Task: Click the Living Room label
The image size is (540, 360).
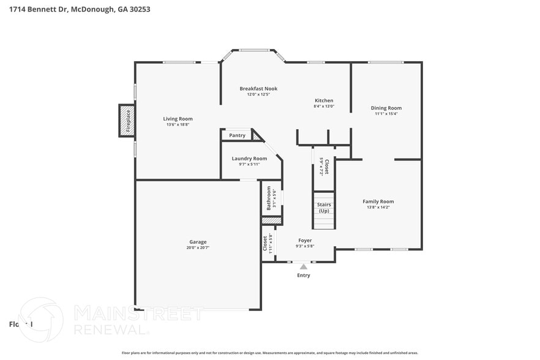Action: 178,119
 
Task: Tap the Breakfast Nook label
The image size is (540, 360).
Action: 258,89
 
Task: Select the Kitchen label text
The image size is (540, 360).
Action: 324,100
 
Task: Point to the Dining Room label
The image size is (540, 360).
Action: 386,108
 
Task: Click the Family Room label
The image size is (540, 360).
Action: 378,201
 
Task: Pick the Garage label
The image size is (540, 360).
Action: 198,242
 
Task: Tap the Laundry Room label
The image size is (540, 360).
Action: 249,159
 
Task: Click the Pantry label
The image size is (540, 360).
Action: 237,135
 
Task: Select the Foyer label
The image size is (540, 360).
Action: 305,241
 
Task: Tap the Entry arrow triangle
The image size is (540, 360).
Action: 303,266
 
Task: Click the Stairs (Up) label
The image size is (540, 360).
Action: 324,207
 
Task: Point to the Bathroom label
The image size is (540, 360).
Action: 268,198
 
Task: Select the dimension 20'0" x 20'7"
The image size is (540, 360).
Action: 198,248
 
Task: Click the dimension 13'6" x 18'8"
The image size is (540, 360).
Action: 178,125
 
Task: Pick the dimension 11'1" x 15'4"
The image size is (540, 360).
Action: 386,114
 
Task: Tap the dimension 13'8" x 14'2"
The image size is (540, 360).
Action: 378,208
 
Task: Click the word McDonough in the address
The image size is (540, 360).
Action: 93,10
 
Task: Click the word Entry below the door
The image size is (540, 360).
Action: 304,276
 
